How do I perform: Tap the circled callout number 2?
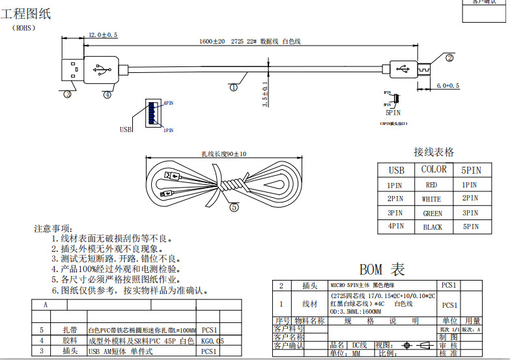tap(449, 57)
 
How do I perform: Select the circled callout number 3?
tap(67, 94)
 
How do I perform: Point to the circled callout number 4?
tap(107, 94)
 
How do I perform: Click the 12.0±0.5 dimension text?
tap(102, 35)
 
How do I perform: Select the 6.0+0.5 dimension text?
tap(447, 85)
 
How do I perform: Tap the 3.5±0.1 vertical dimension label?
tap(264, 94)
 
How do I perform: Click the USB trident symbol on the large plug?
tap(102, 67)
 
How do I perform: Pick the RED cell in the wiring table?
tap(431, 185)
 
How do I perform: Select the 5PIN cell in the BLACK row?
tap(470, 227)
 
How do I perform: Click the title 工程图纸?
tap(30, 14)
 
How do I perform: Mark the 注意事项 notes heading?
tap(52, 228)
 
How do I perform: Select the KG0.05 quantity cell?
tap(212, 340)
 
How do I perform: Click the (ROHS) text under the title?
tap(23, 28)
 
